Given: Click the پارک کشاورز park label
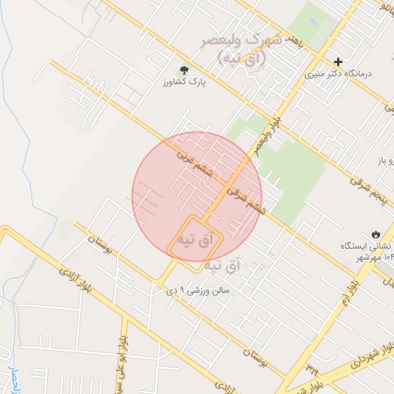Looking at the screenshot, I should click(185, 82).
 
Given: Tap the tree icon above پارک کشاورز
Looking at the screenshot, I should click(184, 70).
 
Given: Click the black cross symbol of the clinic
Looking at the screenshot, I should click(339, 62).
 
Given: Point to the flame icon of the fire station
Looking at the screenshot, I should click(375, 233).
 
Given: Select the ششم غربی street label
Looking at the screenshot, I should click(195, 163).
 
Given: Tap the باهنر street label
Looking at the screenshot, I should click(301, 38).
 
